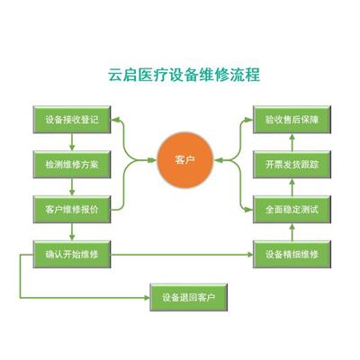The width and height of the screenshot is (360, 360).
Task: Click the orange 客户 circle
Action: click(x=184, y=160)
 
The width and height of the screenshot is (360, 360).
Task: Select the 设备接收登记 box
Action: click(x=72, y=120)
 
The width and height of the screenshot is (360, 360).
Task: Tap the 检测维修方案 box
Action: click(x=72, y=165)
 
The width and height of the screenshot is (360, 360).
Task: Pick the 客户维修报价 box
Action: click(x=72, y=210)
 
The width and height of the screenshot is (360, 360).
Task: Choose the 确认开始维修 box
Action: click(x=72, y=255)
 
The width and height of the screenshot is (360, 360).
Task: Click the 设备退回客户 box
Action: click(x=189, y=297)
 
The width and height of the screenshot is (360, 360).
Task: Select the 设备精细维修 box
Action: click(x=292, y=255)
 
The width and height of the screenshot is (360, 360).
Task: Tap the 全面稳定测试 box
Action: click(x=292, y=210)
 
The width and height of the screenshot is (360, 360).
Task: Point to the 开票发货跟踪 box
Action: click(x=292, y=165)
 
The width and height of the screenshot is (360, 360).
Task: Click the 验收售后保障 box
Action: click(x=292, y=120)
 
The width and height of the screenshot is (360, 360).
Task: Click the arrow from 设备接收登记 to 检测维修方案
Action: click(x=72, y=142)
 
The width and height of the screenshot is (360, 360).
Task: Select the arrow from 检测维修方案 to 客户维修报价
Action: click(x=72, y=187)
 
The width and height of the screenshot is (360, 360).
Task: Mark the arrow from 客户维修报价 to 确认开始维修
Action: click(x=72, y=232)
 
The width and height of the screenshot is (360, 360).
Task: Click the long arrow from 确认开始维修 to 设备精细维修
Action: click(x=182, y=255)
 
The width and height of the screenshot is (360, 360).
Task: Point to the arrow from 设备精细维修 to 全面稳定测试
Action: click(x=292, y=232)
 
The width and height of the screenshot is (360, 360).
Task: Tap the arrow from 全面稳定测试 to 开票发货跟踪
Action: click(x=292, y=187)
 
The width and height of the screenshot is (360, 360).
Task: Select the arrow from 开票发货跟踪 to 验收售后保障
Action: click(x=292, y=142)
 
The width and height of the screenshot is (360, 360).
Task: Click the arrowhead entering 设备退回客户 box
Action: click(x=147, y=298)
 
